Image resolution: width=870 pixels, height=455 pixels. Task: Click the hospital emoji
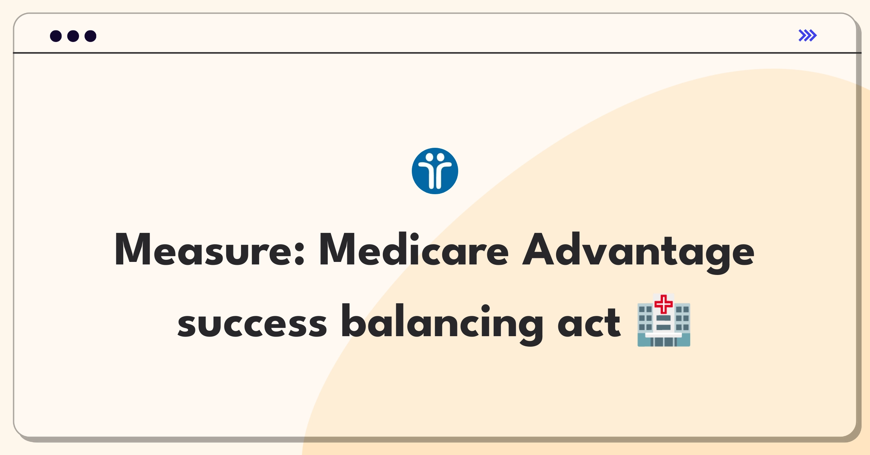[x=664, y=320]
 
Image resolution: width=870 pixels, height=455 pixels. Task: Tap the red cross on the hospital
[x=664, y=304]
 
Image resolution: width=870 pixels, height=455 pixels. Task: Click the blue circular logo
[x=435, y=171]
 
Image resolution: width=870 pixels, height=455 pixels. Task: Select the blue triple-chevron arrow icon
[x=808, y=36]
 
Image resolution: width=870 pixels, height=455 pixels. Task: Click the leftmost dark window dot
[x=56, y=36]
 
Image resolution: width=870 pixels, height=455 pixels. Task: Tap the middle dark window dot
[x=73, y=36]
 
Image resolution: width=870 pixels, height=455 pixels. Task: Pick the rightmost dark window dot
[x=91, y=36]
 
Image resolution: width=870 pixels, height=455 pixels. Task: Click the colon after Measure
[x=299, y=254]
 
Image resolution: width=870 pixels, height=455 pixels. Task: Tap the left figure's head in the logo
[x=429, y=158]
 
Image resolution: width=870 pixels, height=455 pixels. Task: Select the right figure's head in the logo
[x=440, y=158]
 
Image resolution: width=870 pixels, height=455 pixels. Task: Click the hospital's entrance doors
[x=664, y=342]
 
